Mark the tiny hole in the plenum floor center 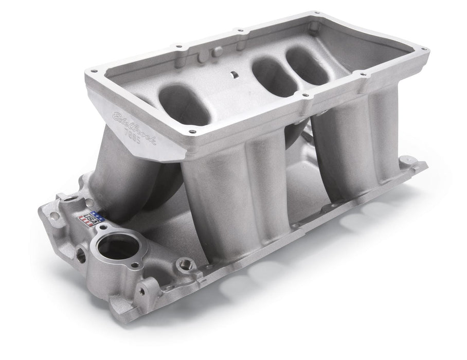coord(234,75)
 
